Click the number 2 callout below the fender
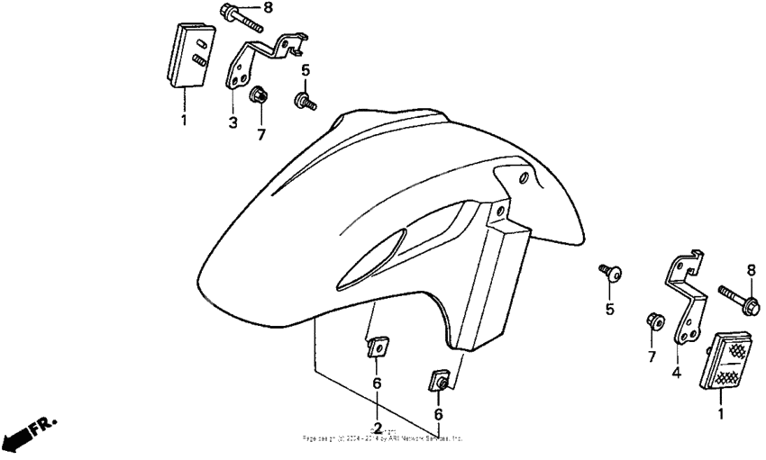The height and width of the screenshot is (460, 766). pos(378,427)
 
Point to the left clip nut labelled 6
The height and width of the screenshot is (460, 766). pos(378,347)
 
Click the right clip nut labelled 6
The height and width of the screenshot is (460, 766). pos(439,381)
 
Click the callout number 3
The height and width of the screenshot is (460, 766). pos(233,122)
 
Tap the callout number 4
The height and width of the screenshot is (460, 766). pos(675,371)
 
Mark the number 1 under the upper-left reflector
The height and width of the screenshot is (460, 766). pos(183,120)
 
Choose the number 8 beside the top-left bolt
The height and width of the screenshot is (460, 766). pos(268,9)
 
